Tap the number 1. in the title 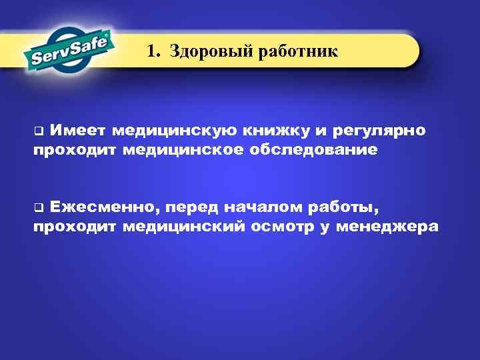coord(155,51)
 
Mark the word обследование coord(313,149)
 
